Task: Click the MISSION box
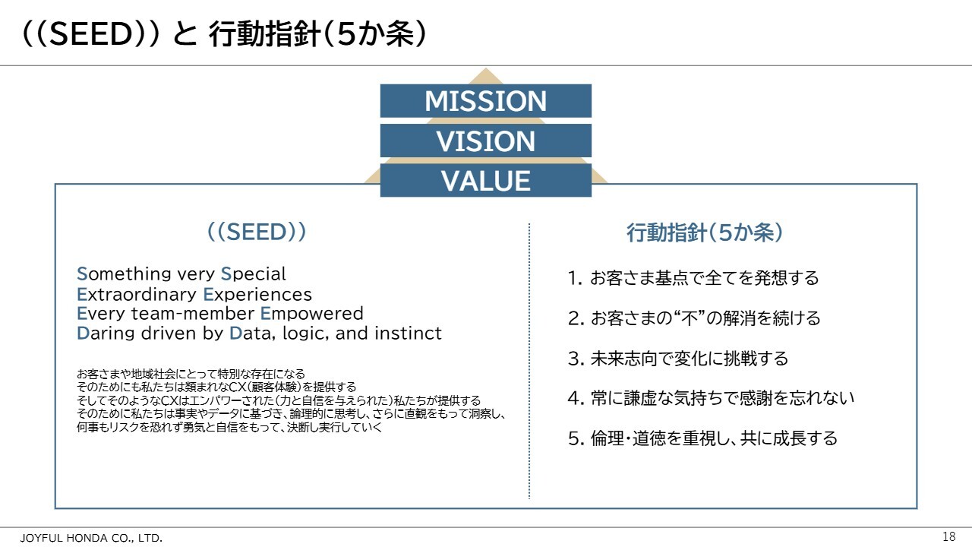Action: [485, 101]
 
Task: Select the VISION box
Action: [485, 141]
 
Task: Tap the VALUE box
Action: [485, 180]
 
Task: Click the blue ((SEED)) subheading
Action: [257, 232]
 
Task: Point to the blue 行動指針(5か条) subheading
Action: [705, 232]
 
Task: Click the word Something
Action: [123, 274]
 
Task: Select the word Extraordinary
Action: [136, 295]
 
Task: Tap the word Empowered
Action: [311, 314]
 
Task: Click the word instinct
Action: [408, 334]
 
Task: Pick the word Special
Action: [253, 274]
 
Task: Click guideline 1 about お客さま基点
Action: [693, 278]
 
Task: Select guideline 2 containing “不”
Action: [694, 318]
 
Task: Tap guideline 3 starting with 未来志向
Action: [678, 359]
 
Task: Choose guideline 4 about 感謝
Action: [711, 398]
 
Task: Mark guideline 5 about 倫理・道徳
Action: [702, 438]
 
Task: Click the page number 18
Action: [949, 536]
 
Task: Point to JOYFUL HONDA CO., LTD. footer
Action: [91, 538]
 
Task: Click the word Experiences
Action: [257, 295]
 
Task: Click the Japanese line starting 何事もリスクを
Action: [229, 427]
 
